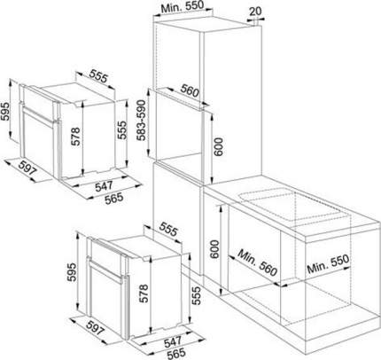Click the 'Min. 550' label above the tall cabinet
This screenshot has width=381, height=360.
click(x=183, y=6)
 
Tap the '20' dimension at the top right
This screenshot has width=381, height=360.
click(x=255, y=12)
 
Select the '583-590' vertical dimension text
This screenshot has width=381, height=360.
click(x=142, y=121)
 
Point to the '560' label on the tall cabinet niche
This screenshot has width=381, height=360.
click(x=190, y=90)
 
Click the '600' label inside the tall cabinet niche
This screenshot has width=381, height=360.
click(x=219, y=146)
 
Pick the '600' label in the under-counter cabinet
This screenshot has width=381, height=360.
click(x=214, y=249)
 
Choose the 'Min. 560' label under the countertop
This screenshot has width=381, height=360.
click(x=257, y=262)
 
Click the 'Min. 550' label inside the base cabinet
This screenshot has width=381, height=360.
click(x=328, y=264)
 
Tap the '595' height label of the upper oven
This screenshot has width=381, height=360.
click(x=6, y=112)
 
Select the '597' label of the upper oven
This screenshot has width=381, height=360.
click(x=27, y=167)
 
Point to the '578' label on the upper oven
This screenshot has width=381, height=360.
click(x=75, y=137)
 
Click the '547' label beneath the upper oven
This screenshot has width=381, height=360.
click(x=104, y=186)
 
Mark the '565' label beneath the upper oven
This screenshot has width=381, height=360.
click(x=113, y=198)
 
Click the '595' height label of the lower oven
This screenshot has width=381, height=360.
click(x=72, y=272)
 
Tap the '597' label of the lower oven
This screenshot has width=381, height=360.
click(x=96, y=326)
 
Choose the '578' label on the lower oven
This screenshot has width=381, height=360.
click(x=144, y=293)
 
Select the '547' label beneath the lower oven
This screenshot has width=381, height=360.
click(x=173, y=342)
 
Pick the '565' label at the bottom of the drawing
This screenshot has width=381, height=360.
click(x=176, y=353)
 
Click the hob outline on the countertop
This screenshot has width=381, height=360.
click(x=290, y=206)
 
